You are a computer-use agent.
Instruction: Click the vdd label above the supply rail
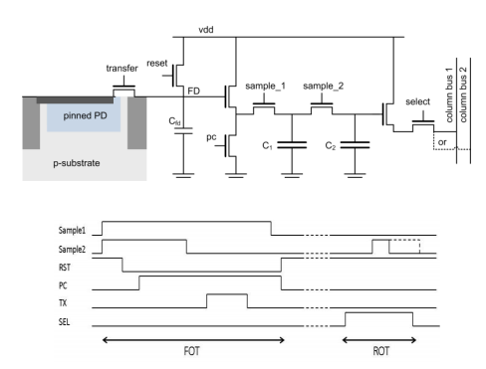click(x=206, y=30)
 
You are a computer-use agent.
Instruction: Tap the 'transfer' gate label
click(x=121, y=69)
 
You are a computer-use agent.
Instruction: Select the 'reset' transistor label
click(x=157, y=63)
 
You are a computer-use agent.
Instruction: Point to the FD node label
click(x=194, y=91)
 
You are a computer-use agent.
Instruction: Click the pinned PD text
click(x=85, y=115)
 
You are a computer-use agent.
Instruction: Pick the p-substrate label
click(x=77, y=163)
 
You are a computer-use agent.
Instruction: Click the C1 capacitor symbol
click(x=292, y=145)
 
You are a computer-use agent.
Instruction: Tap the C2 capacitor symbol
click(x=355, y=145)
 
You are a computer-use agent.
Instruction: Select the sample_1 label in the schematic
click(x=265, y=87)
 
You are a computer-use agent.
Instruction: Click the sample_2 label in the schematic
click(x=323, y=87)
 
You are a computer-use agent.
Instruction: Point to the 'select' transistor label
click(x=417, y=101)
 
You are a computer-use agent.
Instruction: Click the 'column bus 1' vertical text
click(x=449, y=94)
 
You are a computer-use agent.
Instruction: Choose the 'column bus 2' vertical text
click(x=463, y=94)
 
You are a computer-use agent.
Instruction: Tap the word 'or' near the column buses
click(x=442, y=142)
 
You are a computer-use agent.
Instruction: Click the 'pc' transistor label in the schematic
click(x=211, y=137)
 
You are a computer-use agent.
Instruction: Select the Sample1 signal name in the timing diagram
click(x=72, y=230)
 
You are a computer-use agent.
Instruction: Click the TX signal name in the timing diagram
click(x=63, y=302)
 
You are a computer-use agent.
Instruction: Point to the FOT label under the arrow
click(x=191, y=351)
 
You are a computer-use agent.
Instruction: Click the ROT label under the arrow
click(x=380, y=351)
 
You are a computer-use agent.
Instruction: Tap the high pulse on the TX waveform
click(x=227, y=294)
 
